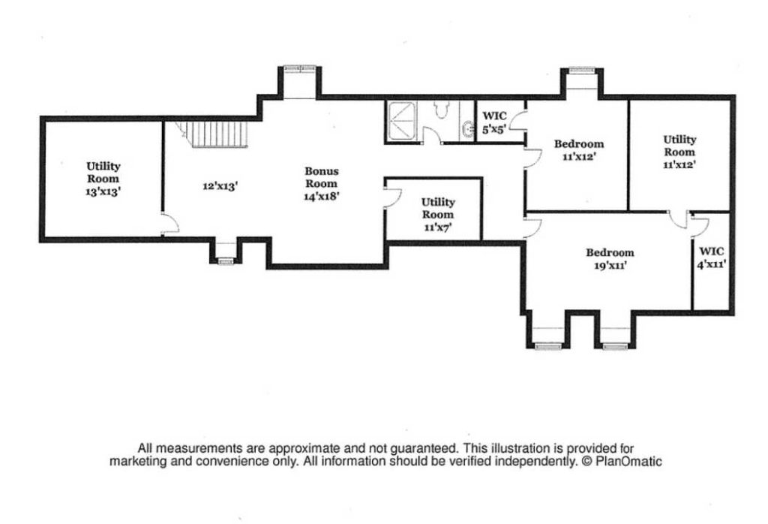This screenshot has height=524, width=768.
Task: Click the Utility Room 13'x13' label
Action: tap(103, 179)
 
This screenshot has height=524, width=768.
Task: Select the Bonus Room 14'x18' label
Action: tap(321, 183)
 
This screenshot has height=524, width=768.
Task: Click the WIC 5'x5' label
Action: tap(494, 122)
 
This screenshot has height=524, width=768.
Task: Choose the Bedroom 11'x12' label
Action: tap(577, 150)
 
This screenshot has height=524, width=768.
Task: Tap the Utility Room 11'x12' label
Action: tap(679, 152)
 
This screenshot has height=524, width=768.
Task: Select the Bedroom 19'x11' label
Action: tap(609, 258)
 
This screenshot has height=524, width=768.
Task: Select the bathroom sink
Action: tap(468, 129)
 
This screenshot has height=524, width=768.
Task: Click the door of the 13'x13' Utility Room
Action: tap(170, 223)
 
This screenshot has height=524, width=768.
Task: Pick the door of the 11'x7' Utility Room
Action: tap(391, 197)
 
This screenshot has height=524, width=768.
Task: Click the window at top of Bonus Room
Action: tap(301, 70)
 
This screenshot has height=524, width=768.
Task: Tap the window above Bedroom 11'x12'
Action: tap(582, 71)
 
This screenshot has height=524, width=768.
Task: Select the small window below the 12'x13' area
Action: tap(224, 260)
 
